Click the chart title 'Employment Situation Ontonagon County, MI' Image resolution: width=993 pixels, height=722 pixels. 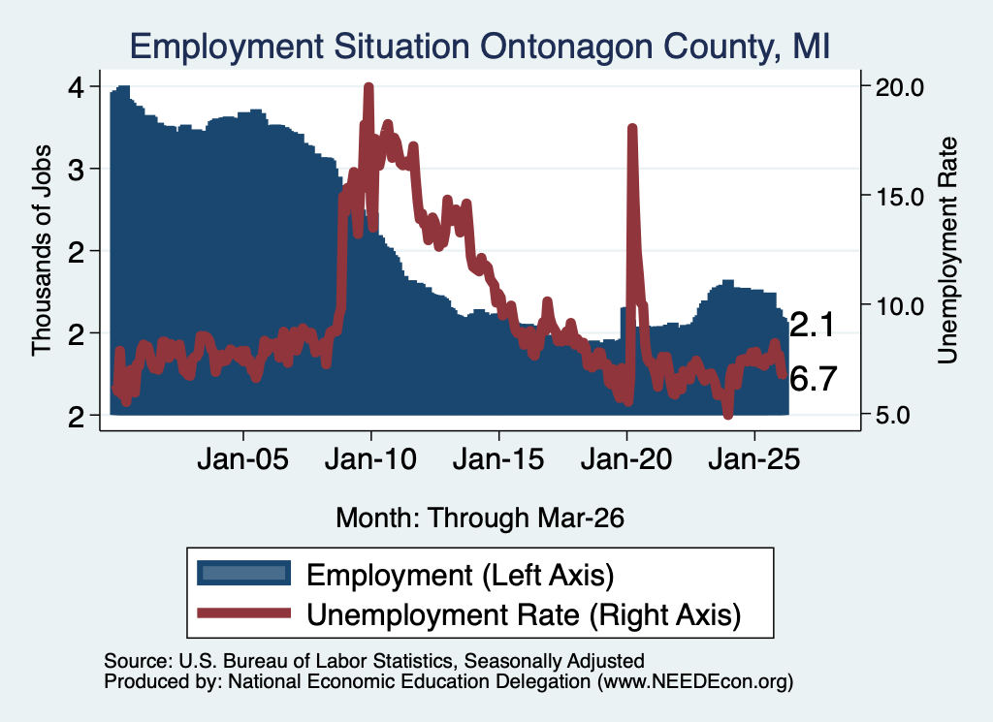click(479, 47)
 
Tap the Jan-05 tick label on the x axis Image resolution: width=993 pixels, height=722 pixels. click(243, 458)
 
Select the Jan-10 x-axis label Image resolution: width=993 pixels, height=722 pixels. click(371, 458)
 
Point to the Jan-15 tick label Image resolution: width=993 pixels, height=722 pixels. click(498, 458)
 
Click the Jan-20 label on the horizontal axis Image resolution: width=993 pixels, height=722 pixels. click(626, 458)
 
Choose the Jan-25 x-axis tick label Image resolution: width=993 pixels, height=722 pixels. click(754, 458)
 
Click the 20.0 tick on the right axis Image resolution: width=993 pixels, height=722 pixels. click(899, 86)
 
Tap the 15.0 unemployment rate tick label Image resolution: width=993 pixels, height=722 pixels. click(899, 196)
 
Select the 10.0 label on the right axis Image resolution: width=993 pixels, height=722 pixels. click(899, 305)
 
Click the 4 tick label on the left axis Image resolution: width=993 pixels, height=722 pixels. click(76, 86)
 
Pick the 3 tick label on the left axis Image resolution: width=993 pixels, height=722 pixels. click(76, 169)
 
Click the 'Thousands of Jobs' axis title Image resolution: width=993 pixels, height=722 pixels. click(41, 251)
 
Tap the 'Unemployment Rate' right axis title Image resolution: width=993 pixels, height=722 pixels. click(947, 251)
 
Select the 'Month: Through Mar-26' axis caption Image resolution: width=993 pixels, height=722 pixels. click(480, 518)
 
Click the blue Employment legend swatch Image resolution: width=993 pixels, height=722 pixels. click(243, 574)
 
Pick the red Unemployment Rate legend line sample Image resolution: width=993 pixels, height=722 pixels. click(243, 613)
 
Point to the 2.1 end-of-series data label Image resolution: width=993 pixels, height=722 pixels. click(813, 325)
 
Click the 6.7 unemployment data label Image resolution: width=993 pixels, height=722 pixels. click(814, 379)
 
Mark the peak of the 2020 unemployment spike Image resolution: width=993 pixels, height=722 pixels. click(631, 129)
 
